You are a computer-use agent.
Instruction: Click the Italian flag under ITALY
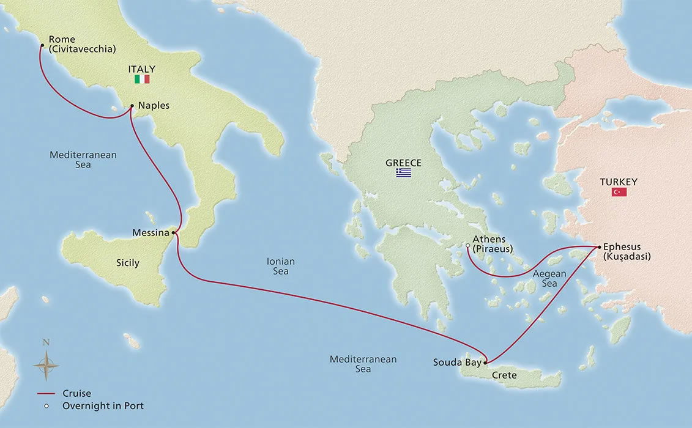pos(142,80)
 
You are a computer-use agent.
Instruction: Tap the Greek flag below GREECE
pos(403,173)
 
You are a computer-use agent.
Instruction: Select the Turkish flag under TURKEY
pos(619,192)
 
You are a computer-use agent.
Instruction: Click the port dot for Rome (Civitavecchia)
pos(42,45)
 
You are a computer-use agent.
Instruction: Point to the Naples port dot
pos(132,106)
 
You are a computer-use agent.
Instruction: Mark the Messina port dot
pos(174,232)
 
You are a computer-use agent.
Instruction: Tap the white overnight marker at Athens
pos(467,245)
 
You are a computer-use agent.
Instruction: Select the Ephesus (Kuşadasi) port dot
pos(598,246)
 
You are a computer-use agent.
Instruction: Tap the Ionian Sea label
pos(280,266)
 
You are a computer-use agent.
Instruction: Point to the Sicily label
pos(128,263)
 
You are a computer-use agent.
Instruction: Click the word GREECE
pos(403,163)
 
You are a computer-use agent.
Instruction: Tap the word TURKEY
pos(619,182)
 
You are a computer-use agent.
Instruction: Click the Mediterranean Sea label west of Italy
pos(83,160)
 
